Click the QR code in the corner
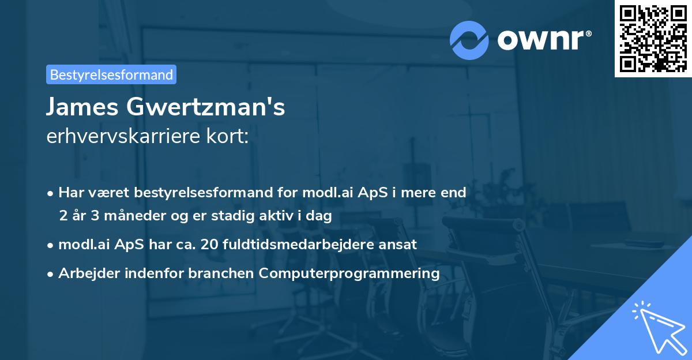coord(653,39)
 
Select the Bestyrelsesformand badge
coord(111,74)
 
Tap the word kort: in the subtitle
coord(232,136)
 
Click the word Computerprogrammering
coord(349,273)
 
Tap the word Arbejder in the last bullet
coord(85,273)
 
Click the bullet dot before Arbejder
coord(51,273)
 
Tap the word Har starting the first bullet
coord(70,193)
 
